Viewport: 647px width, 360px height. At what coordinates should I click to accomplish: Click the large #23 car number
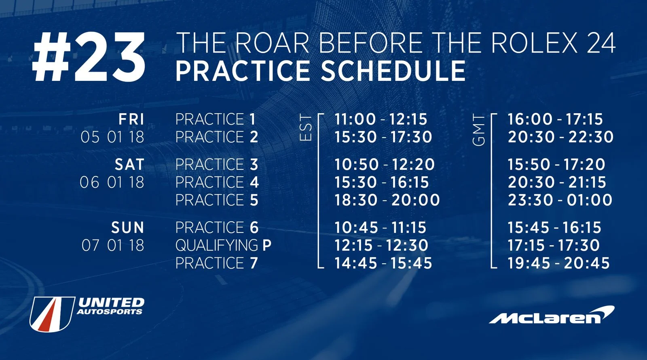point(89,58)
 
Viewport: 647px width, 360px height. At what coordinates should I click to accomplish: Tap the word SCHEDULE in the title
point(393,71)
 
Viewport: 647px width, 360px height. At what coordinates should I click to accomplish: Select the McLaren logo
point(552,315)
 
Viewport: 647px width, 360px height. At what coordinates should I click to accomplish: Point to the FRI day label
point(131,119)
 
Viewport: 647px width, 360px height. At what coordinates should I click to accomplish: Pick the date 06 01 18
point(112,182)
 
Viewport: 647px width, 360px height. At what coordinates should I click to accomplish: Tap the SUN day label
point(127,228)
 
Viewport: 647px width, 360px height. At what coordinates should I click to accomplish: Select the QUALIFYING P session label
point(223,246)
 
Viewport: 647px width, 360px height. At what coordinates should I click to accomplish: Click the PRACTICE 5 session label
point(217,200)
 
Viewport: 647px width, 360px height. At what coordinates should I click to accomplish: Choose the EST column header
point(306,127)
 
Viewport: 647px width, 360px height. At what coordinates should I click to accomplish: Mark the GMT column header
point(479,129)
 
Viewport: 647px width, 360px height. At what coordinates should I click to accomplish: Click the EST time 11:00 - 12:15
point(381,119)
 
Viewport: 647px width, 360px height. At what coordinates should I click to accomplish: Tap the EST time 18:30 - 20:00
point(387,200)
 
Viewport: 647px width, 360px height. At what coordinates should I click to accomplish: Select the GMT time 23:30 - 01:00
point(560,200)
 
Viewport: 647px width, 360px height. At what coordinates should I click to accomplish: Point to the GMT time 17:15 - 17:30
point(554,246)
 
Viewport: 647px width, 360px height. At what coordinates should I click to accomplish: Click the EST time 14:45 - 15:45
point(383,263)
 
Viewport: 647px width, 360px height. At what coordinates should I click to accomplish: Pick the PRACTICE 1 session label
point(216,119)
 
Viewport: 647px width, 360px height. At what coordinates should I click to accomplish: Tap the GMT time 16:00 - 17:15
point(555,119)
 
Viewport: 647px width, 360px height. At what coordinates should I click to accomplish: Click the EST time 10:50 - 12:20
point(384,165)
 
